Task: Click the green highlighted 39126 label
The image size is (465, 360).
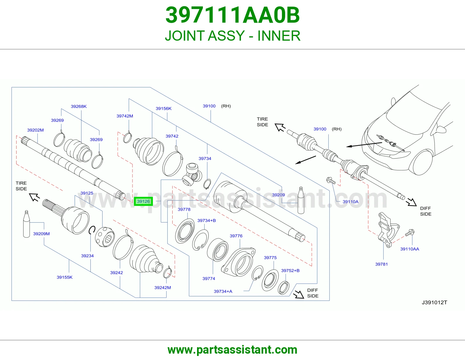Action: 143,201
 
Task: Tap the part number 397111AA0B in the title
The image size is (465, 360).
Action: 233,15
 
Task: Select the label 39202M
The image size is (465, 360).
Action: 35,130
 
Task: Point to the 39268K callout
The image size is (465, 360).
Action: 79,106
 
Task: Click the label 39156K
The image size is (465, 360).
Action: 164,108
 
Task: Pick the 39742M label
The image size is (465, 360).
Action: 125,116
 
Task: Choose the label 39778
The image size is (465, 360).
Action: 184,209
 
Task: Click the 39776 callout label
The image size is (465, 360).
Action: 236,236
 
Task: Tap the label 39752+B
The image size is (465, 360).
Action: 290,270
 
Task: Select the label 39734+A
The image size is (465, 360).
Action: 223,291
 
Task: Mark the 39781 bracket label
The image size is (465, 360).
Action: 381,264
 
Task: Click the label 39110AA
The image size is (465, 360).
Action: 409,249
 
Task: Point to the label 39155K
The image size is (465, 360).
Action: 65,277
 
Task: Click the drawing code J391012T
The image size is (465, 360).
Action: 434,302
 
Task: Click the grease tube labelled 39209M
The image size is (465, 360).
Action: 26,224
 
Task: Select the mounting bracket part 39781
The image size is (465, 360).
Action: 388,230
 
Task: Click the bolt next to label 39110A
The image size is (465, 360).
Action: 331,180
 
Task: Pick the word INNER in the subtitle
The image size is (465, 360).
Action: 279,36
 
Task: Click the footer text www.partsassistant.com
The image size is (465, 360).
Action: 233,350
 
